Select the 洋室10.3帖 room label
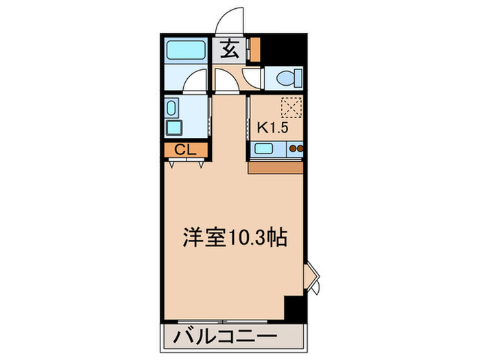[234, 240]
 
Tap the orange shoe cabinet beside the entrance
[255, 49]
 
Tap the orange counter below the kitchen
[276, 167]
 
